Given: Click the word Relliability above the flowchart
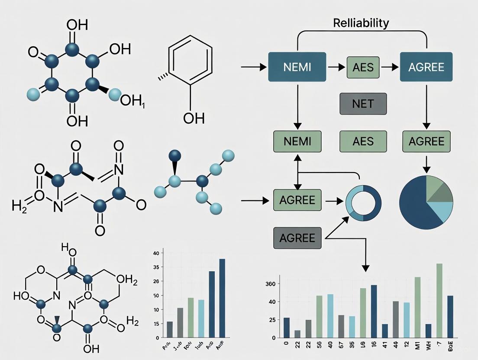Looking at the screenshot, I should [x=361, y=23].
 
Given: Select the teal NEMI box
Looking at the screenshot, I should [x=297, y=67].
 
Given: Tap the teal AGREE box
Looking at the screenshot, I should [x=426, y=67].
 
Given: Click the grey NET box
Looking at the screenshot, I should [x=362, y=104].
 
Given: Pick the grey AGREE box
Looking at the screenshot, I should [x=297, y=238].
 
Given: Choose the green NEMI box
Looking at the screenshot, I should [x=297, y=141].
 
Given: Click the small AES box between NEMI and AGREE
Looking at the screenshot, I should [x=362, y=67].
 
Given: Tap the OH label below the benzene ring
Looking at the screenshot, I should [x=194, y=117].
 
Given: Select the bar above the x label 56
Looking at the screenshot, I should [x=319, y=316].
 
